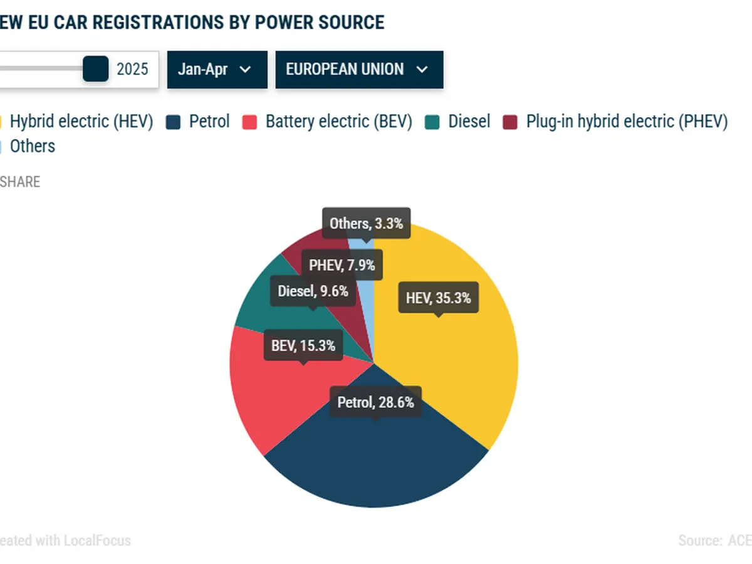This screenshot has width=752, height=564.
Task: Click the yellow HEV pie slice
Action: coord(464,363)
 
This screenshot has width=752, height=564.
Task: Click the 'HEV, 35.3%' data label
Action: coord(438,298)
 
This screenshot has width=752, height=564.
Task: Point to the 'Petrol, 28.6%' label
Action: coord(375,402)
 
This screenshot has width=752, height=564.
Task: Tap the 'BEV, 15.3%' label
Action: coord(303,345)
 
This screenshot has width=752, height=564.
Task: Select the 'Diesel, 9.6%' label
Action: coord(313,291)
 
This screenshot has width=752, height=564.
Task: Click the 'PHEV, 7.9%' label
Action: coord(342,265)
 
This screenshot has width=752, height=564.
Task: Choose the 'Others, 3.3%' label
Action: coord(366,223)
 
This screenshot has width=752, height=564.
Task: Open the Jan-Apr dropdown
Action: coord(217,70)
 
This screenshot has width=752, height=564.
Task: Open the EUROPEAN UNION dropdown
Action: coord(359,70)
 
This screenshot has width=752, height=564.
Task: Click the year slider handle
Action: coord(96,69)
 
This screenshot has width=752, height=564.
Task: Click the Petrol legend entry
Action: coord(199,122)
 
